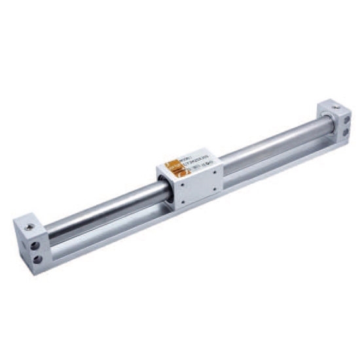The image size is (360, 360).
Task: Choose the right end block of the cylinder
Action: click(x=335, y=121)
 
